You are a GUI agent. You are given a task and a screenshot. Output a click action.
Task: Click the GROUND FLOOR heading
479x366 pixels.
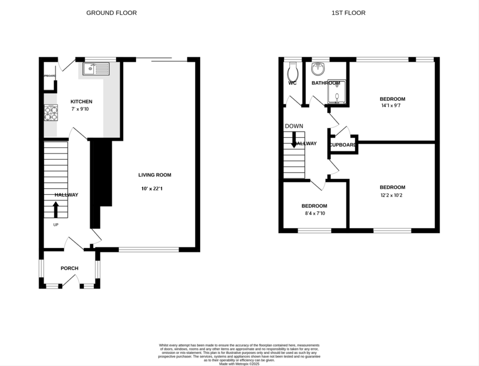pyautogui.click(x=111, y=13)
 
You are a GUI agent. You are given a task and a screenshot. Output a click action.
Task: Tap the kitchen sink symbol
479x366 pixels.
pyautogui.click(x=95, y=69)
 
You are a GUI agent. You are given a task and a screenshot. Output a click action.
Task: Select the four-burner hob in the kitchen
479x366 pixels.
pyautogui.click(x=51, y=113)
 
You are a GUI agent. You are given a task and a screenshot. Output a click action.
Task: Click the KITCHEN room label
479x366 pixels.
pyautogui.click(x=81, y=101)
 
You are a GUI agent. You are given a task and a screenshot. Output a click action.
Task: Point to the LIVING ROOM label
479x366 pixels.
pyautogui.click(x=154, y=175)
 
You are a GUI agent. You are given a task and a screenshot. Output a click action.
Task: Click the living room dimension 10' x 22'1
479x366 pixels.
pyautogui.click(x=154, y=189)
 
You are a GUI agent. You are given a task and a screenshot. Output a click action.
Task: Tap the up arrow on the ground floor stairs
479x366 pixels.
pyautogui.click(x=56, y=210)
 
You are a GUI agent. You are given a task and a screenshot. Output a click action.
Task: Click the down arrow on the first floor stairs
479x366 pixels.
pyautogui.click(x=294, y=140)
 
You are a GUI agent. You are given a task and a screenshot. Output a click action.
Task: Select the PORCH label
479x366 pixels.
pyautogui.click(x=69, y=268)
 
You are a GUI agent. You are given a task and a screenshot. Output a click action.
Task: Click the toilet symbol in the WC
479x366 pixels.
pyautogui.click(x=293, y=72)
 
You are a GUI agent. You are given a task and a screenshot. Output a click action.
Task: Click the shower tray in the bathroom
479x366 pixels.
pyautogui.click(x=336, y=91)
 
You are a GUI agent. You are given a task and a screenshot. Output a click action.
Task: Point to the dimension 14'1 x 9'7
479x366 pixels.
pyautogui.click(x=392, y=106)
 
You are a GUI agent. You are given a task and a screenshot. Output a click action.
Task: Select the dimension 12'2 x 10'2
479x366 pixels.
pyautogui.click(x=392, y=195)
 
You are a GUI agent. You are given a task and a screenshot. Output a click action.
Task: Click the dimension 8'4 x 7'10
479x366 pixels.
pyautogui.click(x=314, y=213)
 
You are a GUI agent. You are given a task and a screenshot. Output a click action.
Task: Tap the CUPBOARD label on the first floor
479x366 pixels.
pyautogui.click(x=343, y=145)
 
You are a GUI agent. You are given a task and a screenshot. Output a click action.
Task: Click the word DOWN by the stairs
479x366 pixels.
pyautogui.click(x=294, y=126)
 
